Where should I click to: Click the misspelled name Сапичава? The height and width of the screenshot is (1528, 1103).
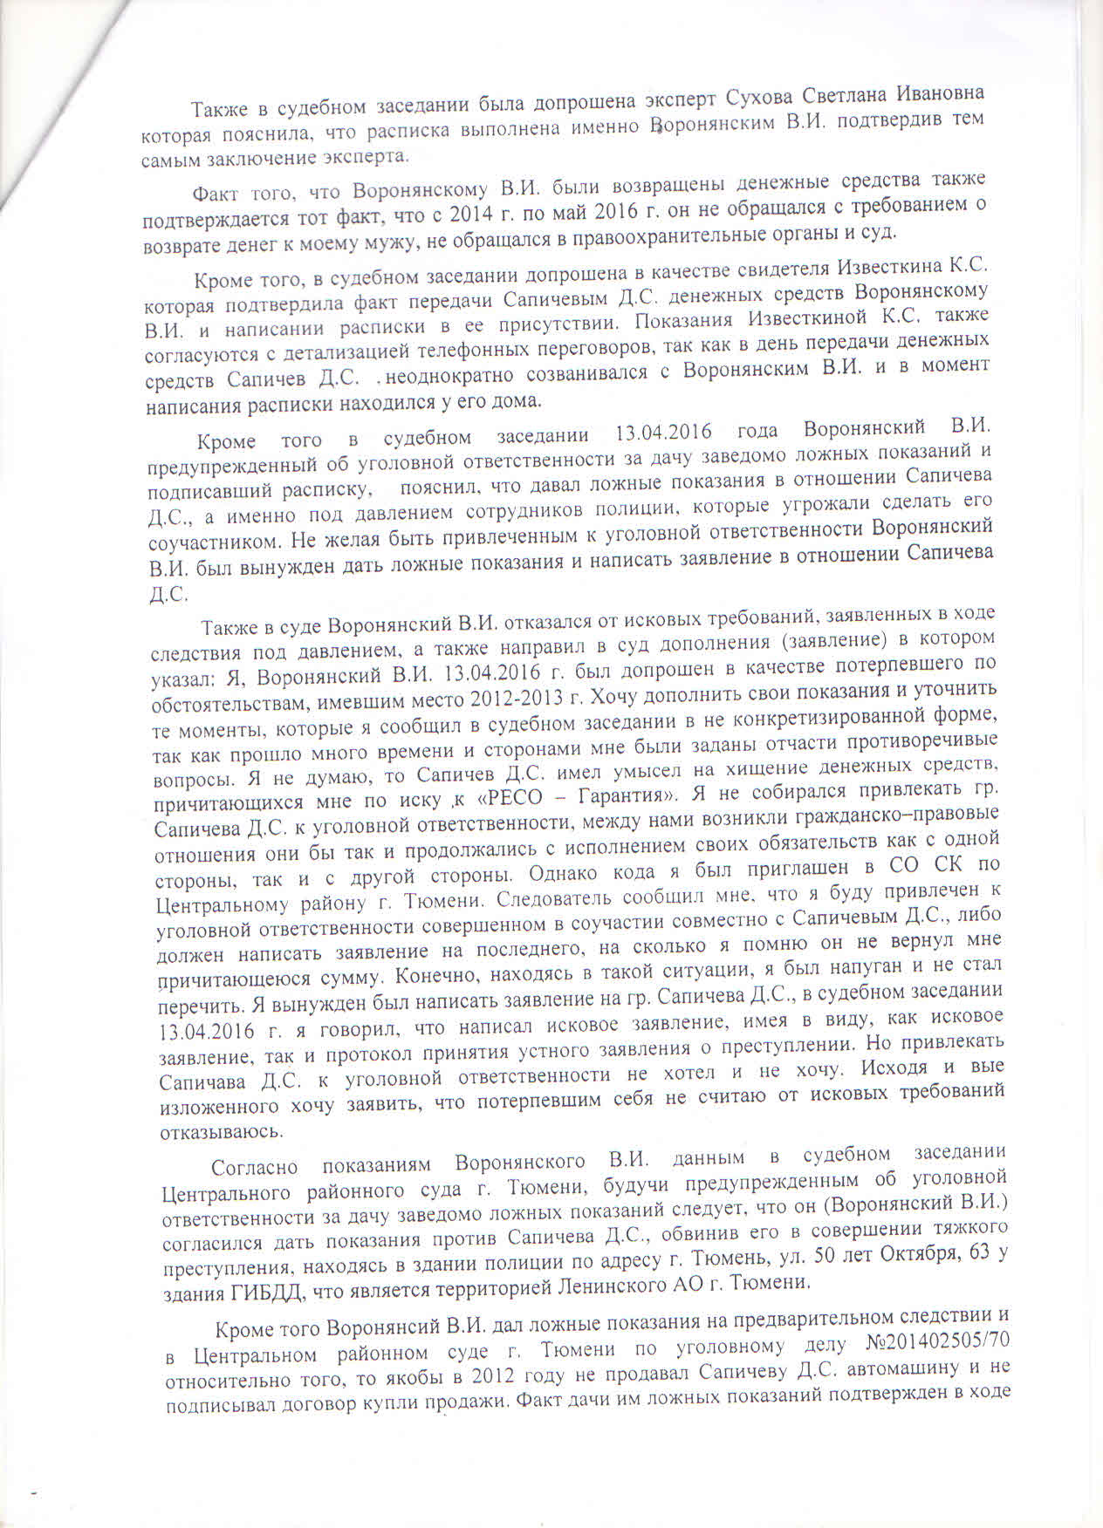click(203, 1081)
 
